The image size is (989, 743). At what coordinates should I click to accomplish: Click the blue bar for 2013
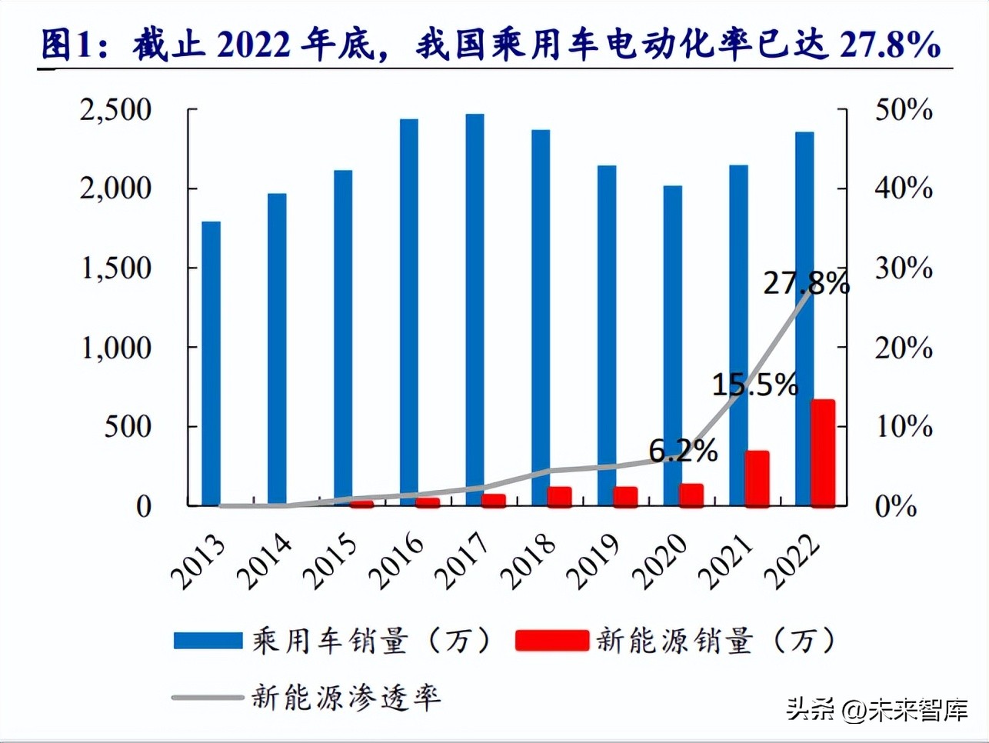tap(211, 363)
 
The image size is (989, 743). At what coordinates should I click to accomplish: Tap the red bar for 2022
tap(824, 452)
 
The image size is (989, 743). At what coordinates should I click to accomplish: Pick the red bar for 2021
tap(758, 478)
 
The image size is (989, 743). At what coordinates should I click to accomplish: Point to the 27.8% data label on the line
tap(806, 283)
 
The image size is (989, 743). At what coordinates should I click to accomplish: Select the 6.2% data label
tap(683, 451)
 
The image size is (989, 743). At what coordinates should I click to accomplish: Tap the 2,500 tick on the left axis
tap(116, 110)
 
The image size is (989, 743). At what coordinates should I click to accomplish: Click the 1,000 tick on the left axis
tap(116, 348)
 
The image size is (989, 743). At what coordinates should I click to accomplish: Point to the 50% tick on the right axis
tap(904, 110)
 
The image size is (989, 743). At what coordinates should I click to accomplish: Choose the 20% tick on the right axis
tap(904, 348)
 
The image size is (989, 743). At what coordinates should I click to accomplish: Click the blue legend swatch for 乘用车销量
tap(208, 640)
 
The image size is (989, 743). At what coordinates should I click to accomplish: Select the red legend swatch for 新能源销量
tap(551, 640)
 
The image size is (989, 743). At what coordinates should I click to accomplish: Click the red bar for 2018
tap(560, 496)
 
